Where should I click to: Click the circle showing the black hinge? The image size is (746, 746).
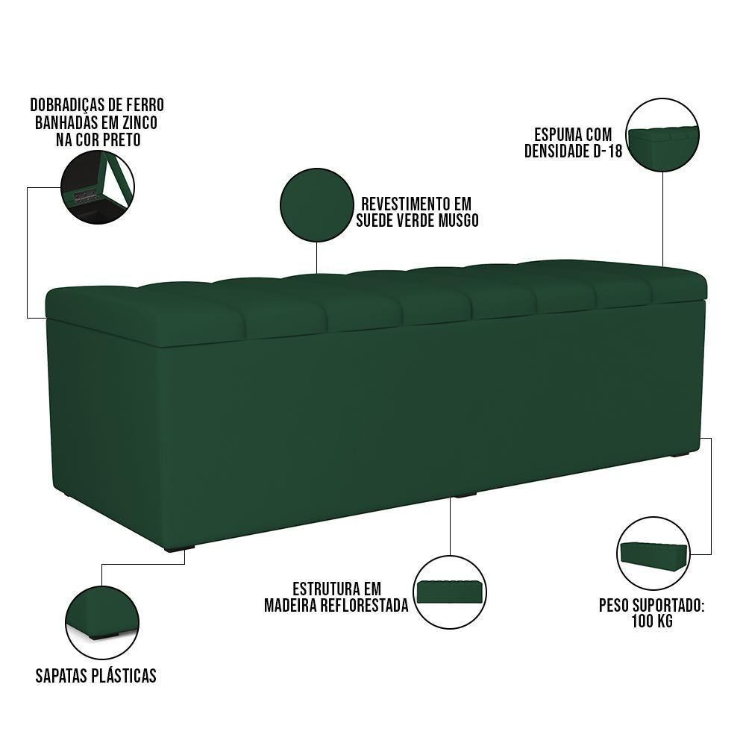pyautogui.click(x=98, y=188)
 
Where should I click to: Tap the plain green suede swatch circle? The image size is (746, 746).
pyautogui.click(x=316, y=204)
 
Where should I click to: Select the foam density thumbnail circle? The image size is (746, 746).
pyautogui.click(x=662, y=136)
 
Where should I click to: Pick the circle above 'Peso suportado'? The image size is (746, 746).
pyautogui.click(x=653, y=552)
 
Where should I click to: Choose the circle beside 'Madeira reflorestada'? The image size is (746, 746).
pyautogui.click(x=450, y=592)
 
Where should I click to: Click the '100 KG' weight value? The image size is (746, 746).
pyautogui.click(x=651, y=621)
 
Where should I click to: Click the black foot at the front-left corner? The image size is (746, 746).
pyautogui.click(x=176, y=548)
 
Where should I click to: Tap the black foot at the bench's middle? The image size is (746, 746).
pyautogui.click(x=466, y=494)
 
